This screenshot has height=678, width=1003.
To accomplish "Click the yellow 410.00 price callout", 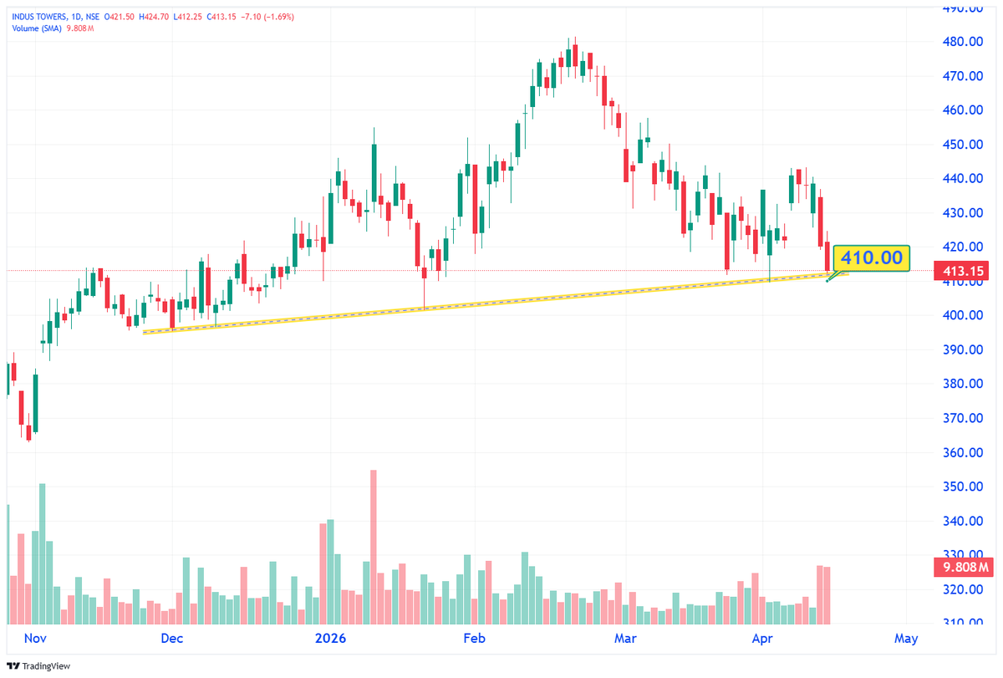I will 871,257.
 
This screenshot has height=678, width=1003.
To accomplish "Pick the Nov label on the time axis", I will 33,639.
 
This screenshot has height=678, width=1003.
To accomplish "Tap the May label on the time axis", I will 905,639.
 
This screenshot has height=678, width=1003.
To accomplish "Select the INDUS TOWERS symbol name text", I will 40,15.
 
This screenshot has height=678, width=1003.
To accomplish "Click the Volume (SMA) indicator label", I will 39,28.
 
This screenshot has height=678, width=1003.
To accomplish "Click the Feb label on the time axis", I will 474,639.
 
